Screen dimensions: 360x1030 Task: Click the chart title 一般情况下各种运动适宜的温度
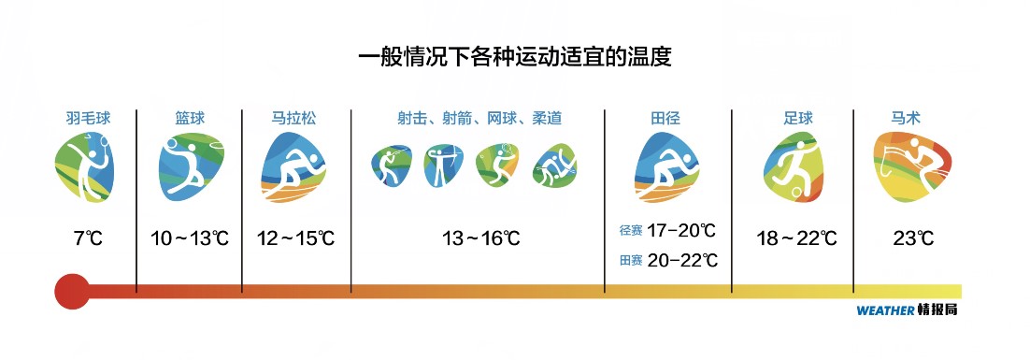coord(515,56)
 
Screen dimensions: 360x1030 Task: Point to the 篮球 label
coord(189,119)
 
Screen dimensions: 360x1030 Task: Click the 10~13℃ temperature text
coord(190,238)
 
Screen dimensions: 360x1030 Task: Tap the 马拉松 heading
coord(293,119)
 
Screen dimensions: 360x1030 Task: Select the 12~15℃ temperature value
coord(295,238)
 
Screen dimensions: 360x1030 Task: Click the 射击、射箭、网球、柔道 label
coord(479,119)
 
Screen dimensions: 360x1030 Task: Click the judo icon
coord(553,166)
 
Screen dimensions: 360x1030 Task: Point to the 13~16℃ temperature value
coord(480,238)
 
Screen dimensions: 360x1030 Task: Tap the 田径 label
coord(665,119)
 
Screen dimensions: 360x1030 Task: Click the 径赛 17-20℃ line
coord(667,230)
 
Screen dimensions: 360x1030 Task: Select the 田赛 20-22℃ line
coord(667,260)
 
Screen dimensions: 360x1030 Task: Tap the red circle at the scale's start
coord(71,291)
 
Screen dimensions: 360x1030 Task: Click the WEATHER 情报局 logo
coord(907,310)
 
